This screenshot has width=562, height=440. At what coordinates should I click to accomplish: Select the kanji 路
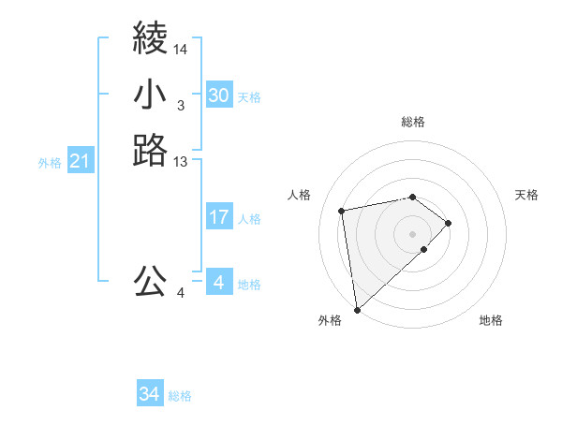150,150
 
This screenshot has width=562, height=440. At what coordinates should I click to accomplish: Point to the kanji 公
150,280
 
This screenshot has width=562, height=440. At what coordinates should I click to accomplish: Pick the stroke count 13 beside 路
181,162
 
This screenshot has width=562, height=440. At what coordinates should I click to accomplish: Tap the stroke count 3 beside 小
181,106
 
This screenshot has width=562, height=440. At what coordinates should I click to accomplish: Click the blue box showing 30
218,95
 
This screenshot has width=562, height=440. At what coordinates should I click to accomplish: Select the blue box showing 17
218,217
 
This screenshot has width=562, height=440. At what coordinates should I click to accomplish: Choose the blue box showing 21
80,162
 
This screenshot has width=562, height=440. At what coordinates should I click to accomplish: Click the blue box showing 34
150,395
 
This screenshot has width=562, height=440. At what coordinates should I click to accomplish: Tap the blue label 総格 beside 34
180,396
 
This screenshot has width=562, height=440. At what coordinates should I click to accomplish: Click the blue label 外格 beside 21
50,163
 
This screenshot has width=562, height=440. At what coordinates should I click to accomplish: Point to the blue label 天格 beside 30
249,96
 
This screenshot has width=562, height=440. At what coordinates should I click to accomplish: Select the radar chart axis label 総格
412,122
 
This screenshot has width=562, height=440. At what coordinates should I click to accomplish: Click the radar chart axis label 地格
491,320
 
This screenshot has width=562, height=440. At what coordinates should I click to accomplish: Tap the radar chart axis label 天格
526,195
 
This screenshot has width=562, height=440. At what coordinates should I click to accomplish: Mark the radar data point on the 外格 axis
357,309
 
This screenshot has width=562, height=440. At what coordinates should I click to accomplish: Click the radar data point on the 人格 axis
342,210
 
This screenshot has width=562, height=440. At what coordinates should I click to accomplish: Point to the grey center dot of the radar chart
412,232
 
